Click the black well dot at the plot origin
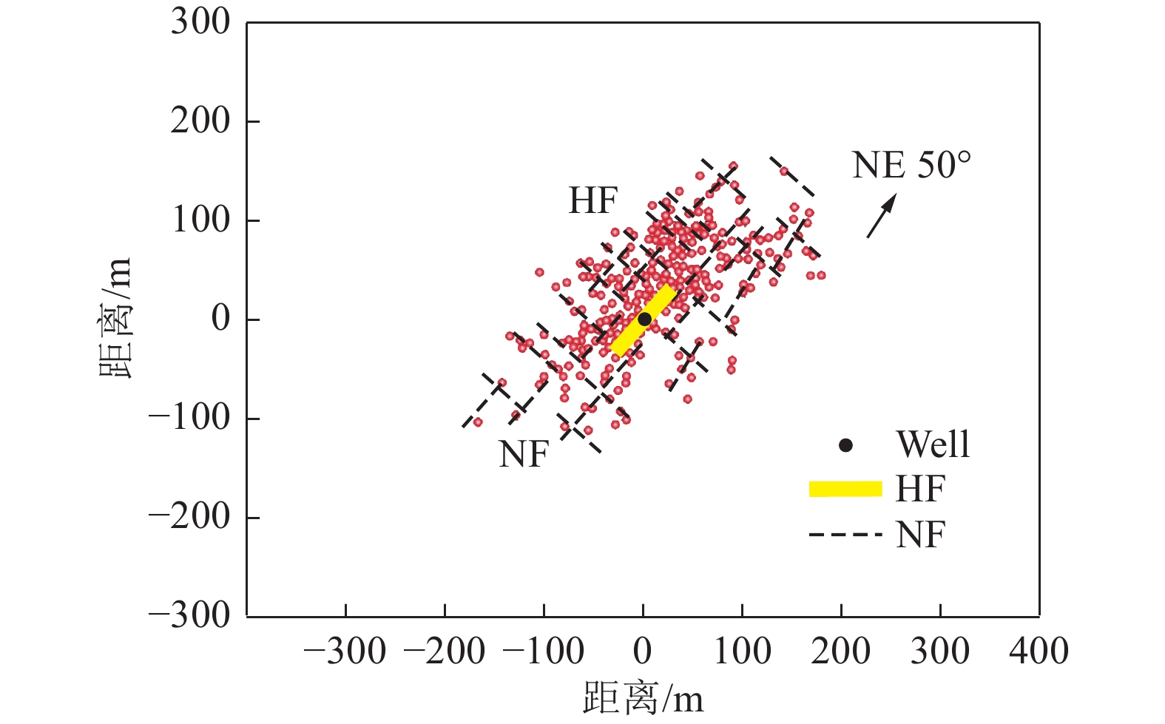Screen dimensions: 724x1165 click(644, 319)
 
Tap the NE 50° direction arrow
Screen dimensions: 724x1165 click(881, 216)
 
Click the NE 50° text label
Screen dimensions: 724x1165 click(911, 165)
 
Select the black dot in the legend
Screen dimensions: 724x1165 click(845, 445)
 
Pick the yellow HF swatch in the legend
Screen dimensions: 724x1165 click(845, 489)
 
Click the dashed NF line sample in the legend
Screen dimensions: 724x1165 click(845, 535)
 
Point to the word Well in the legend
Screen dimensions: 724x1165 click(933, 444)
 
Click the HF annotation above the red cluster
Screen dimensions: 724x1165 click(592, 200)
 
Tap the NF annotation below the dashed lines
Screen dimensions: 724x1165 click(524, 454)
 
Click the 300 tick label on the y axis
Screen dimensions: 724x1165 click(200, 22)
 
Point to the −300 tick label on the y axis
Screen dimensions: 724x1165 click(189, 615)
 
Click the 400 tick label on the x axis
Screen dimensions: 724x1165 click(1039, 652)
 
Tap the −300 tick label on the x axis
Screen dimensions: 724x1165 click(345, 652)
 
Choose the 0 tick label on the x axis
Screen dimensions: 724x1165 click(643, 652)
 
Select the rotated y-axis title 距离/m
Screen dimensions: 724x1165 click(116, 318)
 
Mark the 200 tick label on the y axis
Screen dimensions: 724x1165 click(200, 121)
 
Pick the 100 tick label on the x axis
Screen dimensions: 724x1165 click(742, 652)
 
